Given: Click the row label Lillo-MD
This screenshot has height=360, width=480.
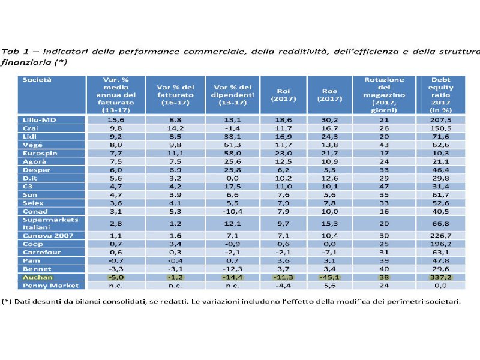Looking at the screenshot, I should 37,121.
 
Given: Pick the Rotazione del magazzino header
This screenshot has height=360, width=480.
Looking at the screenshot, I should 384,95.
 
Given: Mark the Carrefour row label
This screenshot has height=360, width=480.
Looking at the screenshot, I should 40,253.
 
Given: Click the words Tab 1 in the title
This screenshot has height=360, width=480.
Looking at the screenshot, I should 14,50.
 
